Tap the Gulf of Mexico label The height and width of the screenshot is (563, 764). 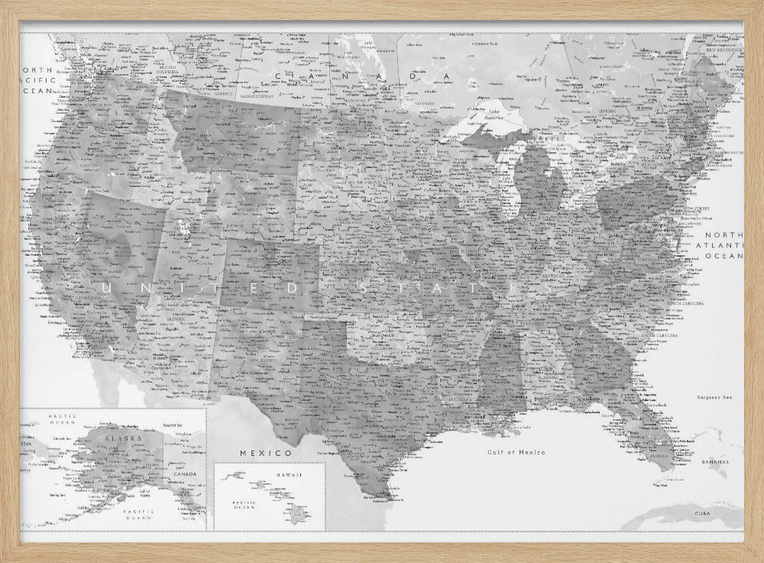click(517, 452)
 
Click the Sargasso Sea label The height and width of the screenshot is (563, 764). click(714, 397)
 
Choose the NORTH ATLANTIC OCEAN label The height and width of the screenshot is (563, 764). click(723, 245)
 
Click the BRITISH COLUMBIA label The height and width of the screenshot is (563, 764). click(174, 70)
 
